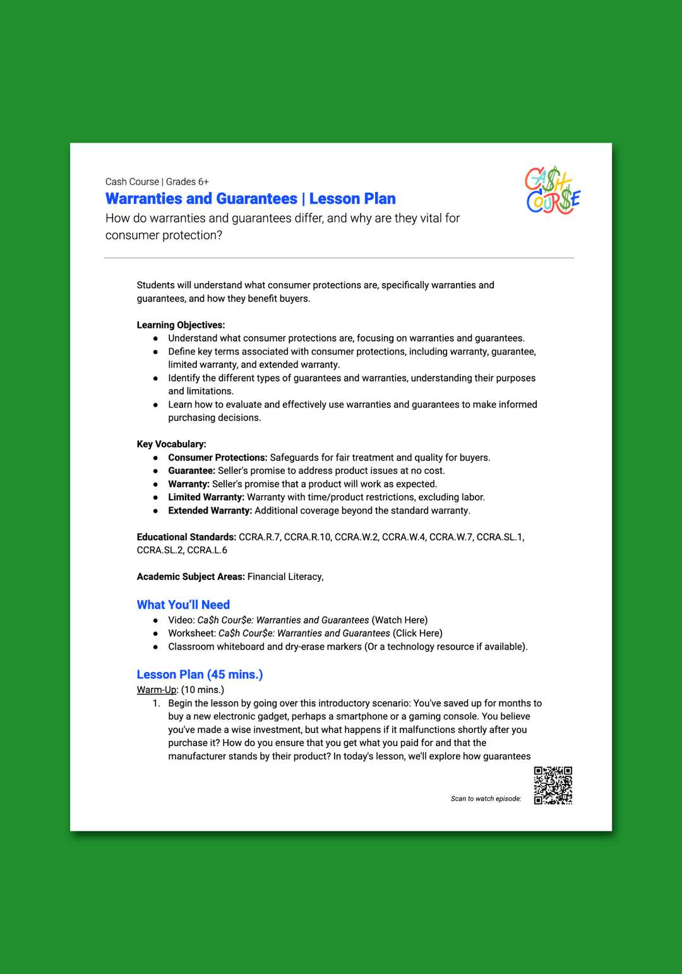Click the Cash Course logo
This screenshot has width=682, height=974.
pyautogui.click(x=553, y=190)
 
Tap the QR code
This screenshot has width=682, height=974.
pyautogui.click(x=553, y=785)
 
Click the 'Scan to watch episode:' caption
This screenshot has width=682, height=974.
pyautogui.click(x=486, y=799)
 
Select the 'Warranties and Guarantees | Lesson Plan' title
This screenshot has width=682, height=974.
pyautogui.click(x=250, y=199)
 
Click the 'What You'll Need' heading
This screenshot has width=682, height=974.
pyautogui.click(x=183, y=605)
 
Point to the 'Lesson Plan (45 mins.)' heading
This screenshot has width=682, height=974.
pyautogui.click(x=200, y=675)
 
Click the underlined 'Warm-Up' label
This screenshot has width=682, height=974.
pyautogui.click(x=157, y=690)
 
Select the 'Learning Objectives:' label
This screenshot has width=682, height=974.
pyautogui.click(x=181, y=325)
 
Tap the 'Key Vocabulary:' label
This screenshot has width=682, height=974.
pyautogui.click(x=171, y=444)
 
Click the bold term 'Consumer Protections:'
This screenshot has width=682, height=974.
pyautogui.click(x=217, y=457)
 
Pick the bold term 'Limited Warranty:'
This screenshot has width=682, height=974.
pyautogui.click(x=206, y=497)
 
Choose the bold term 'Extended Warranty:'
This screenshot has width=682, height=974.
pyautogui.click(x=210, y=510)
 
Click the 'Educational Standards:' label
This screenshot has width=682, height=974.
pyautogui.click(x=186, y=537)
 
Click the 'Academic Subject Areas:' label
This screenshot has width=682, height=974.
pyautogui.click(x=191, y=577)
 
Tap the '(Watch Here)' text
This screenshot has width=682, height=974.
pyautogui.click(x=399, y=620)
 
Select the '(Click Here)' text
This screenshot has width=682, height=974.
pyautogui.click(x=417, y=634)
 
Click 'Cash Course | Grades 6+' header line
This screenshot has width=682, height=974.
pyautogui.click(x=157, y=182)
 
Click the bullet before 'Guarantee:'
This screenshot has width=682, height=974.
pyautogui.click(x=155, y=471)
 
